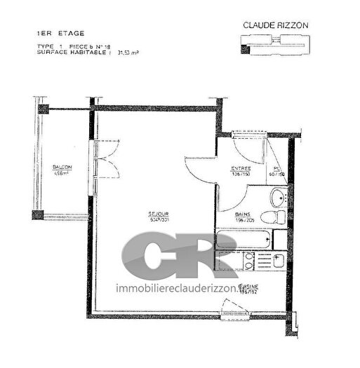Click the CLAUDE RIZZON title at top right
click(x=275, y=25)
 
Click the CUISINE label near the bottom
click(x=248, y=287)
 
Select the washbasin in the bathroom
click(x=278, y=195)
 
